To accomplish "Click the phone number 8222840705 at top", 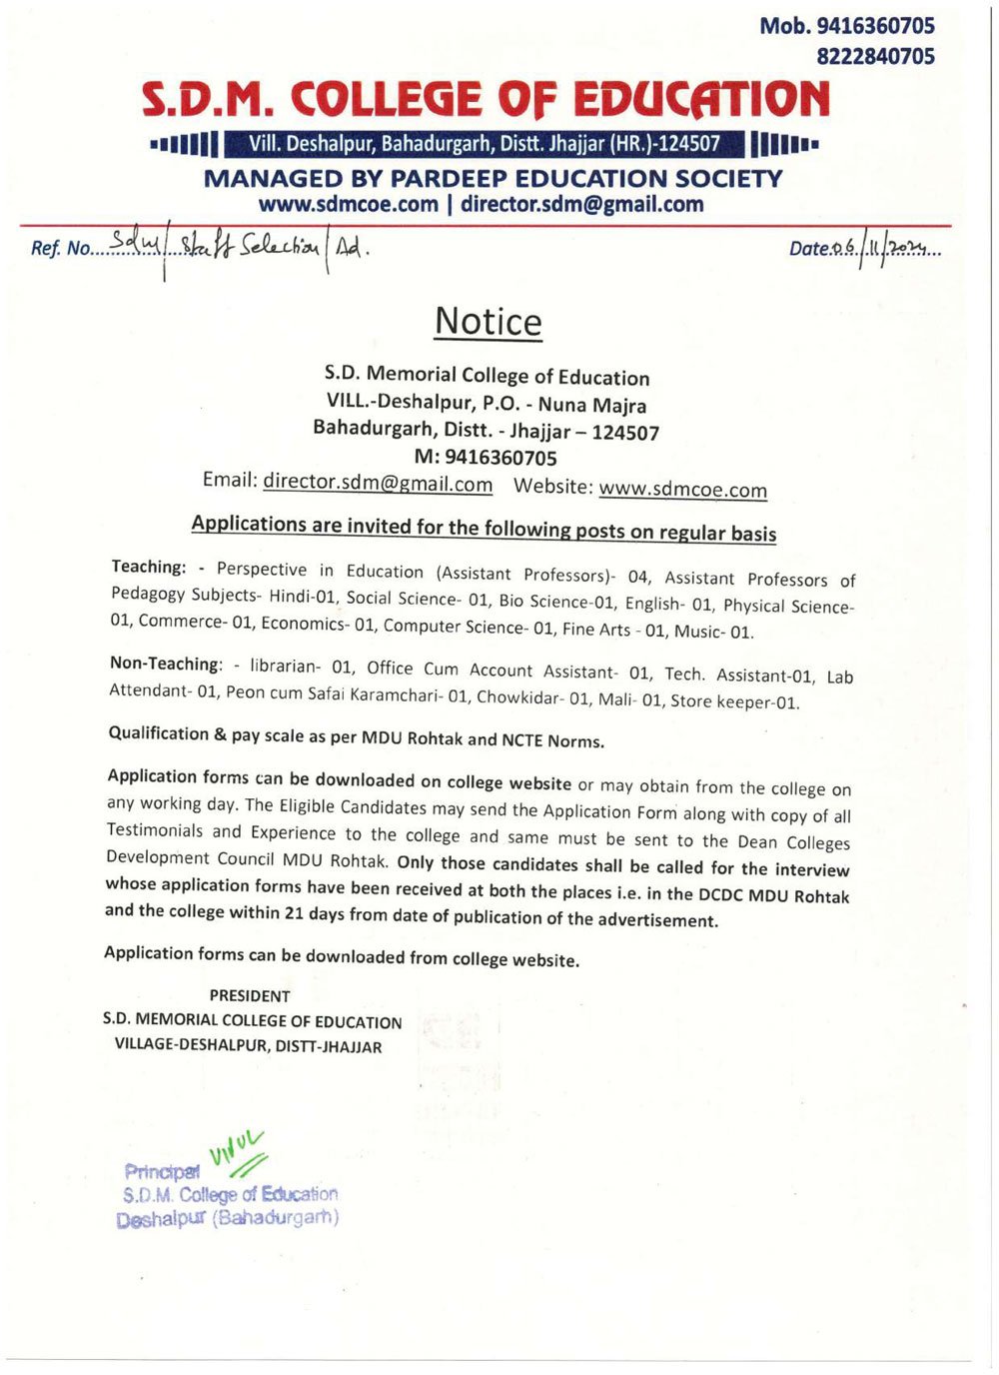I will pos(875,57).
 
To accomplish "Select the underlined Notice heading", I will pos(488,322).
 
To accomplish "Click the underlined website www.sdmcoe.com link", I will pos(682,489).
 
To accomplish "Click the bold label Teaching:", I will pos(149,567).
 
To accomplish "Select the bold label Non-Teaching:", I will pos(166,664).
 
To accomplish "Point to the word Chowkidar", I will pos(518,697).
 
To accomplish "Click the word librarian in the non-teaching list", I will pos(285,666).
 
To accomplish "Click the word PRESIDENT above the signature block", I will pos(250,996).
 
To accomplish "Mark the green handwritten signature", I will pos(238,1152).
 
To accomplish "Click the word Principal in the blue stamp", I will pos(161,1171).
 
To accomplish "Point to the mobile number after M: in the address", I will pos(500,458).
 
